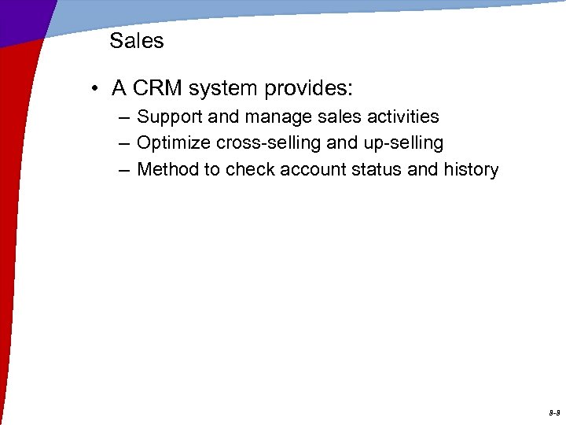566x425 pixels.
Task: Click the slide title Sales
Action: [136, 41]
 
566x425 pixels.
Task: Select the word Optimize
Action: [168, 143]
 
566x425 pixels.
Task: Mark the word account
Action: [340, 169]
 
